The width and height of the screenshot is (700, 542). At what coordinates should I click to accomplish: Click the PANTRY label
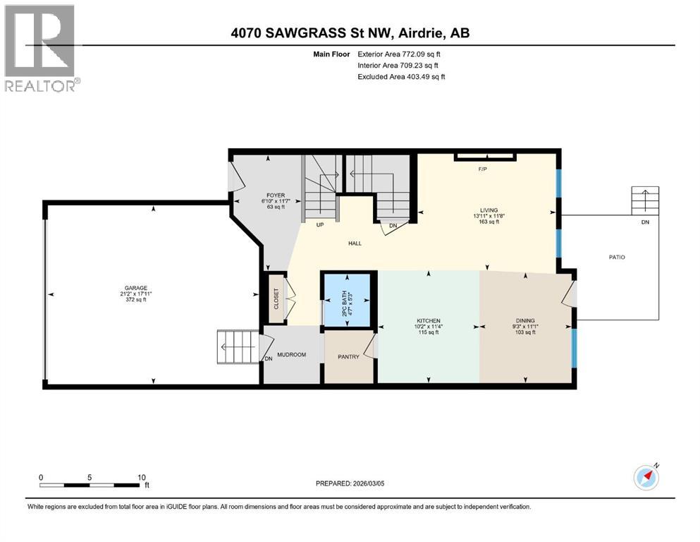tap(348, 357)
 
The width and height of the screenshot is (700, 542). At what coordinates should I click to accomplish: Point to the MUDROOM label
tap(291, 354)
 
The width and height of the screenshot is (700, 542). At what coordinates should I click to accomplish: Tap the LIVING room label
tap(489, 210)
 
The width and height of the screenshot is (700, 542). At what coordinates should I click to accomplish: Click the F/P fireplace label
tap(483, 170)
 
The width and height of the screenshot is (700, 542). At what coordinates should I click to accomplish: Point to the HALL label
tap(355, 243)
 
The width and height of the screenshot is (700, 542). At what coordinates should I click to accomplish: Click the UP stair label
tap(319, 226)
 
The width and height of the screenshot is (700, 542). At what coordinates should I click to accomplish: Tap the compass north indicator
tap(646, 476)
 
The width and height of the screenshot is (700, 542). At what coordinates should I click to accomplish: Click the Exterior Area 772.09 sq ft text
tap(402, 54)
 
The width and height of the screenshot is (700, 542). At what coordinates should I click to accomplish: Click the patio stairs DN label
tap(644, 222)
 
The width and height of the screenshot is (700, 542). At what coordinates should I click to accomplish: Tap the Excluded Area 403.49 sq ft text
tap(401, 76)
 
